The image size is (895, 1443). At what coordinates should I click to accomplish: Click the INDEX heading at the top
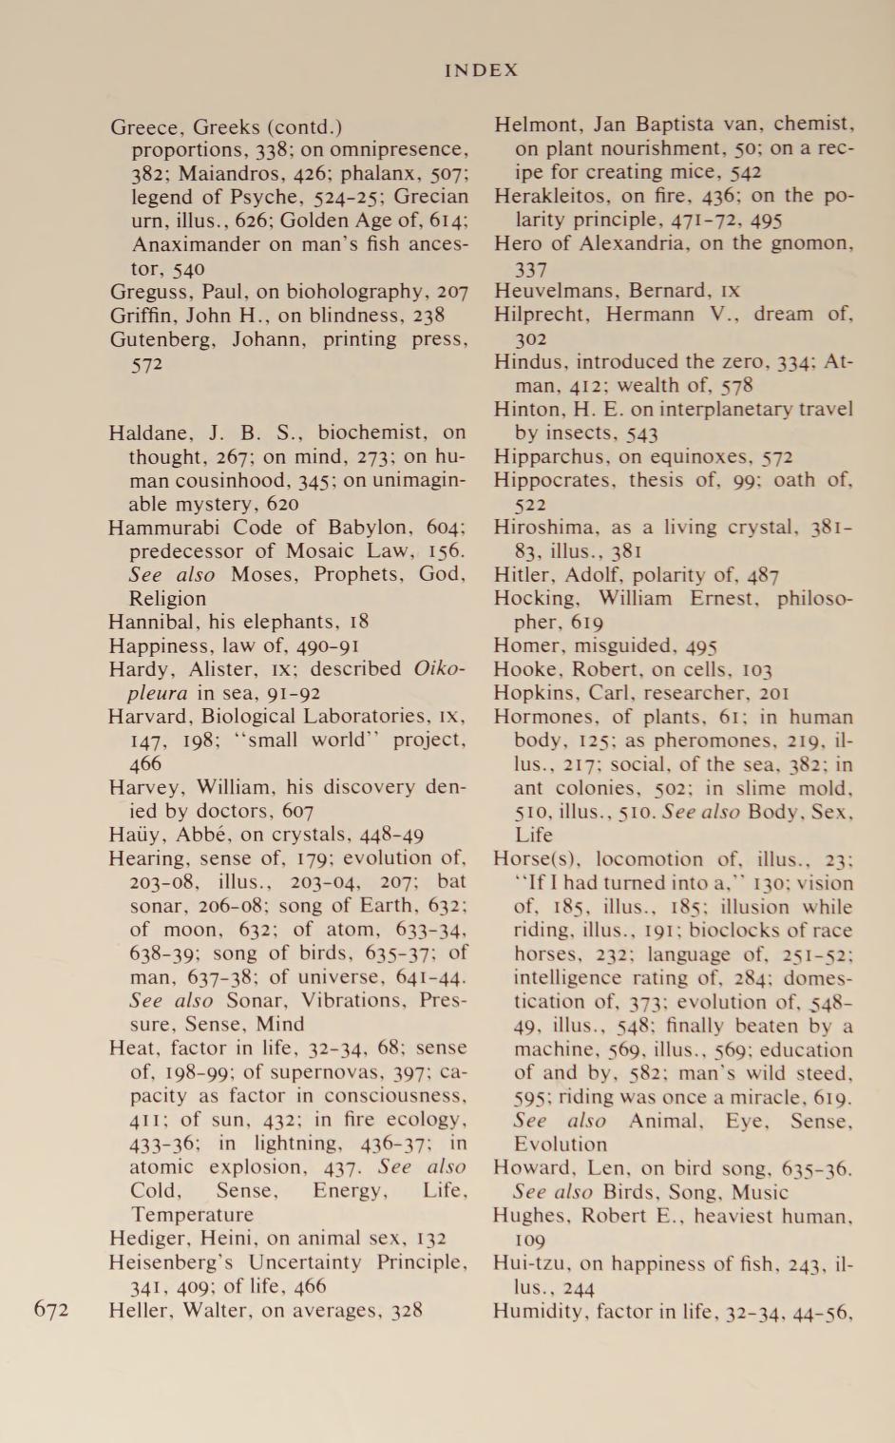482,70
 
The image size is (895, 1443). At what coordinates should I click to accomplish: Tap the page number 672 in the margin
51,1310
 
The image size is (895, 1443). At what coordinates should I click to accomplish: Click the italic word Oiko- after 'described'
440,668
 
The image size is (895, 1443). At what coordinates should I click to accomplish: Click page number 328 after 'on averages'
407,1310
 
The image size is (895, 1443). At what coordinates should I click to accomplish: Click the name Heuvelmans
554,291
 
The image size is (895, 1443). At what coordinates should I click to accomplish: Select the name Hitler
519,575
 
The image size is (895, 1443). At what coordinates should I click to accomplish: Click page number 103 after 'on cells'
755,669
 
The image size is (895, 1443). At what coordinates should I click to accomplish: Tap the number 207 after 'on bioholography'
452,292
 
